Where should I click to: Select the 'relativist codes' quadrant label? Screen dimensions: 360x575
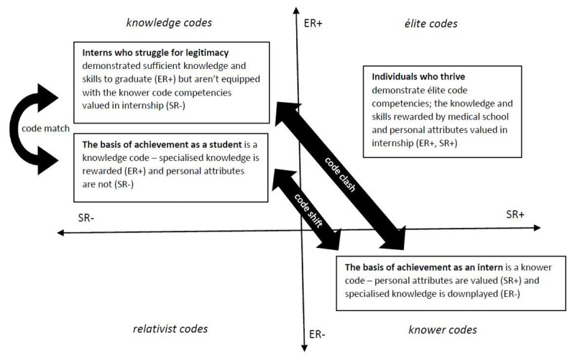tap(170, 329)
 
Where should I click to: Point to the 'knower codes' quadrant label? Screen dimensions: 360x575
tap(442, 330)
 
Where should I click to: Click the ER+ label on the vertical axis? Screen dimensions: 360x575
tap(314, 24)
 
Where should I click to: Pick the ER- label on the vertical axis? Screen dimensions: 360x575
tap(318, 334)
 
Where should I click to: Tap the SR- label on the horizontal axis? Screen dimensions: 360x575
tap(88, 216)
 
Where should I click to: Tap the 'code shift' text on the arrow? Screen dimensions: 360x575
tap(308, 208)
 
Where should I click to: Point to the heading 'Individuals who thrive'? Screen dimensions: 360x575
tap(418, 76)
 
